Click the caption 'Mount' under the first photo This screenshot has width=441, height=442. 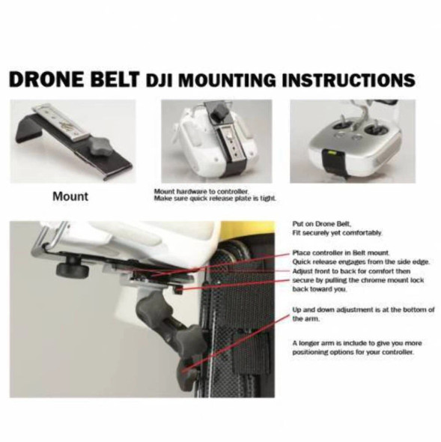(70, 197)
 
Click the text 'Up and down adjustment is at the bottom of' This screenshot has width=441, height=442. (363, 310)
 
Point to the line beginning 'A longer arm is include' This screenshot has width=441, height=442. (363, 342)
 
